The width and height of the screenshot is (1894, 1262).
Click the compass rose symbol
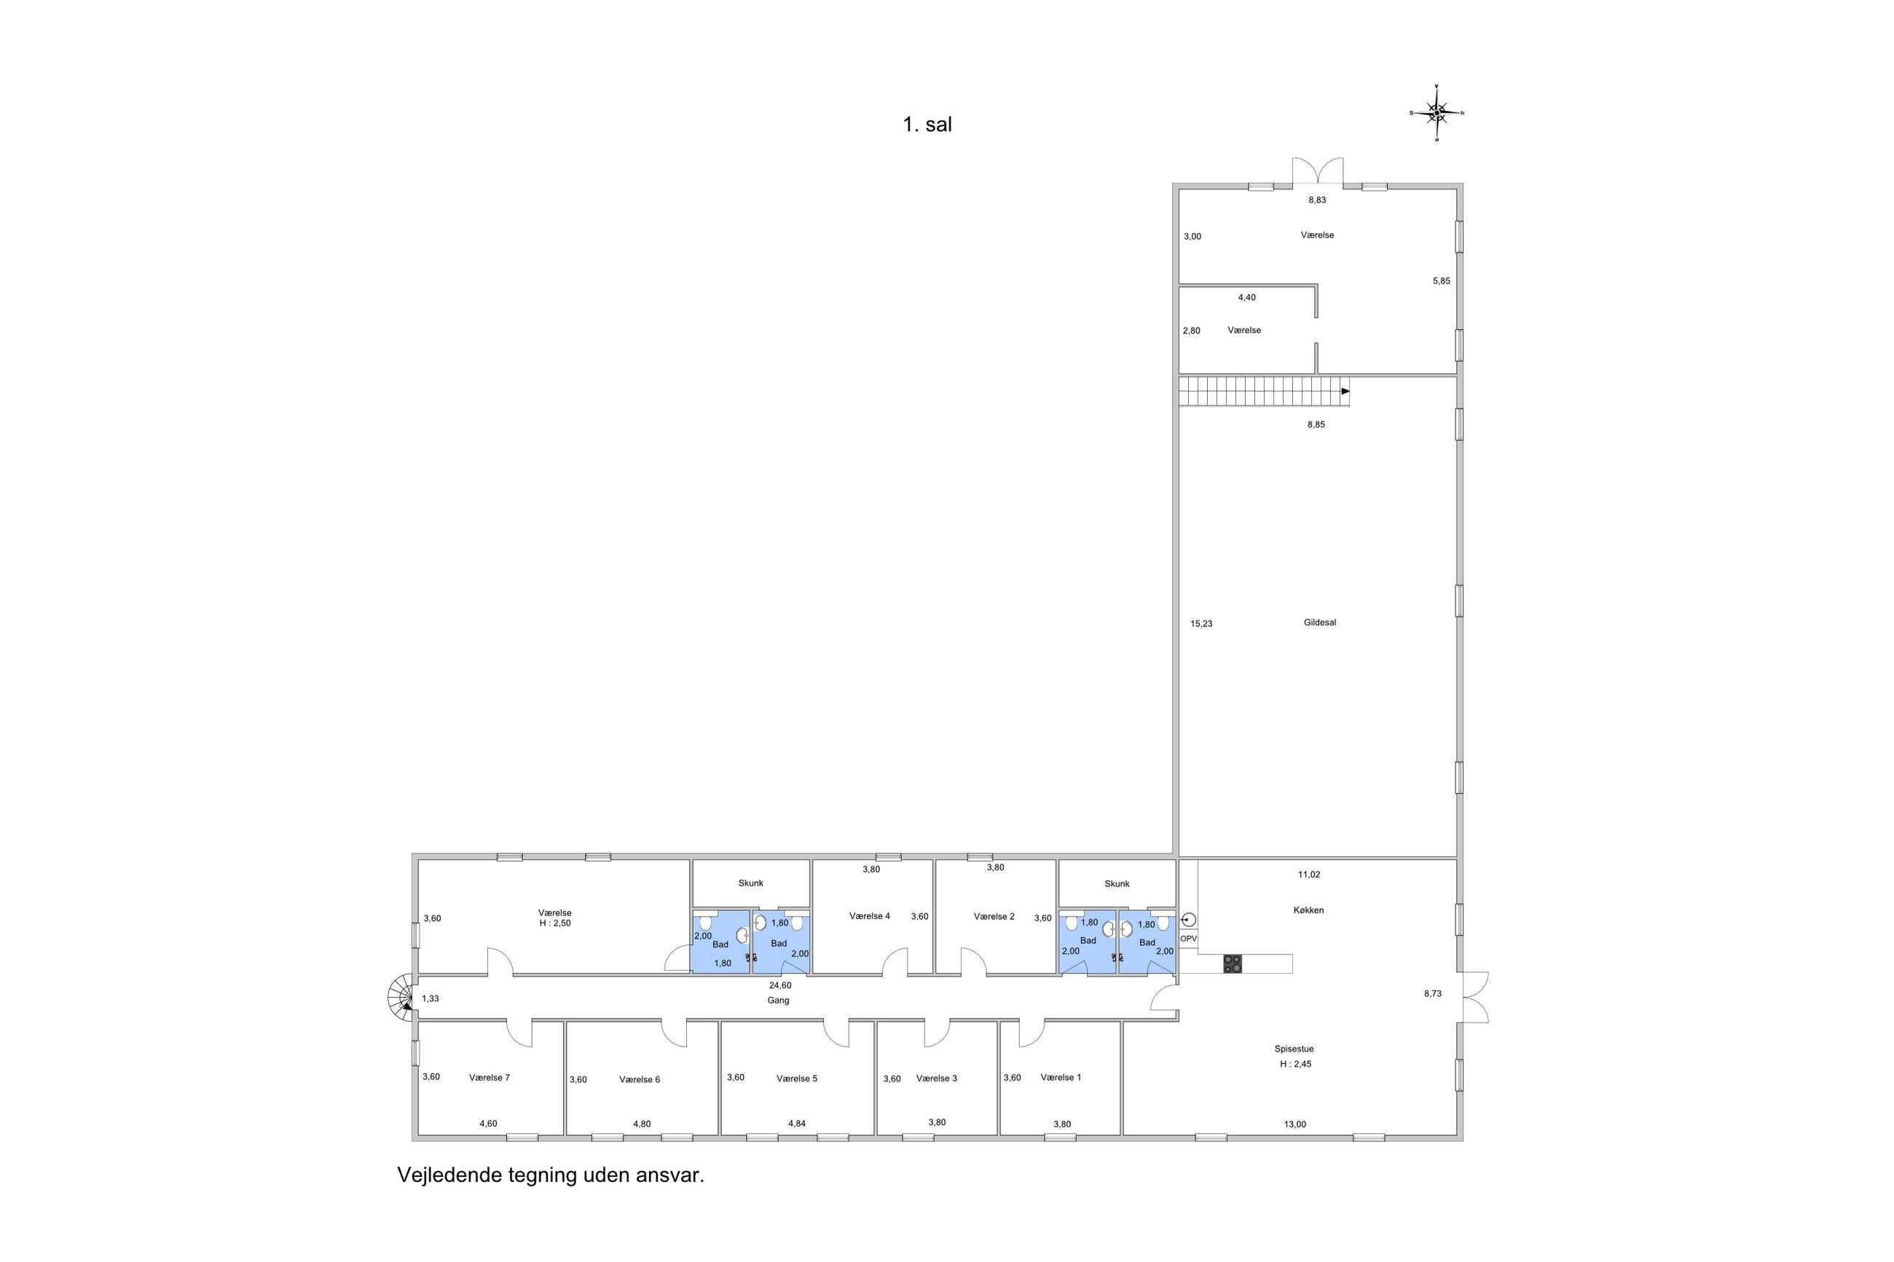click(x=1436, y=113)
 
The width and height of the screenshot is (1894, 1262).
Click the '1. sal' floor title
click(x=927, y=125)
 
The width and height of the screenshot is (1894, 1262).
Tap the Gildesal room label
click(x=1319, y=622)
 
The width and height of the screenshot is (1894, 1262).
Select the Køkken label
click(x=1308, y=910)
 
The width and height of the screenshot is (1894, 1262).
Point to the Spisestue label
click(x=1294, y=1049)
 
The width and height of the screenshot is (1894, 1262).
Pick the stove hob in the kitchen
click(x=1232, y=963)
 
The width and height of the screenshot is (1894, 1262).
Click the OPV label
click(x=1188, y=939)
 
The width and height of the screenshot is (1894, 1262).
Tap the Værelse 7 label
click(x=490, y=1077)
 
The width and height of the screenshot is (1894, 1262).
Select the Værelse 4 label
click(x=869, y=916)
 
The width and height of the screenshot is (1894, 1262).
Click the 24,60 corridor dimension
click(x=780, y=985)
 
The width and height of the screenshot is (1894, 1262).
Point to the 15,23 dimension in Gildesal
click(x=1201, y=623)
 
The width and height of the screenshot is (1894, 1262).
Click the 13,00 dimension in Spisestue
click(x=1295, y=1124)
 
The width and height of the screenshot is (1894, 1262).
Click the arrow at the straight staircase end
click(x=1345, y=391)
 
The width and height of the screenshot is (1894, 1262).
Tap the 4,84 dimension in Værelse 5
click(x=796, y=1124)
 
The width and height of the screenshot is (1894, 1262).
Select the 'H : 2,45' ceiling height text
click(x=1295, y=1063)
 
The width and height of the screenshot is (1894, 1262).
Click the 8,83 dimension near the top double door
click(x=1316, y=200)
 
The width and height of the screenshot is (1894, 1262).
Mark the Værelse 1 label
click(x=1061, y=1077)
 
